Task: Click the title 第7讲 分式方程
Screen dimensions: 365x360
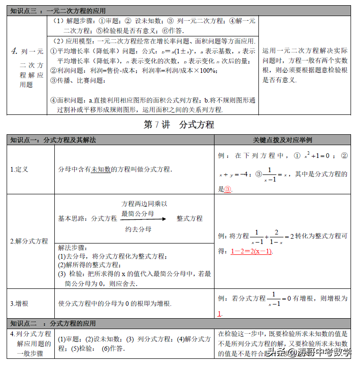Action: click(x=179, y=125)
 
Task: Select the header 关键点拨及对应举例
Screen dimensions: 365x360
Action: click(x=282, y=140)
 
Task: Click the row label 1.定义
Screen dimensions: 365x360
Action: click(x=19, y=169)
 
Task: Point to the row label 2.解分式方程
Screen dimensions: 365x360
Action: click(x=29, y=241)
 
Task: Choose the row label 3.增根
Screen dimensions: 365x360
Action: click(x=19, y=304)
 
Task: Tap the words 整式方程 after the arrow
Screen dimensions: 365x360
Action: click(x=189, y=218)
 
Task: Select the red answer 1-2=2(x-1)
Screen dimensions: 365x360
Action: click(x=251, y=252)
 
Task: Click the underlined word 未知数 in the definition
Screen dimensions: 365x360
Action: click(x=101, y=169)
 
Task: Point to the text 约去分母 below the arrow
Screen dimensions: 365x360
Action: click(x=138, y=229)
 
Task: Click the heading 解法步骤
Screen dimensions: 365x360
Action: click(x=72, y=247)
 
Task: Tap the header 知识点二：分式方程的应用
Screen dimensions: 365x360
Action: click(x=53, y=323)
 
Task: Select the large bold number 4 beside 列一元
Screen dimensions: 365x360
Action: click(x=14, y=51)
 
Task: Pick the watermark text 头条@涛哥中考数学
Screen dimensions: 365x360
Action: click(x=310, y=352)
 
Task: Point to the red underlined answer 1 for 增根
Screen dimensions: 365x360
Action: click(x=220, y=313)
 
